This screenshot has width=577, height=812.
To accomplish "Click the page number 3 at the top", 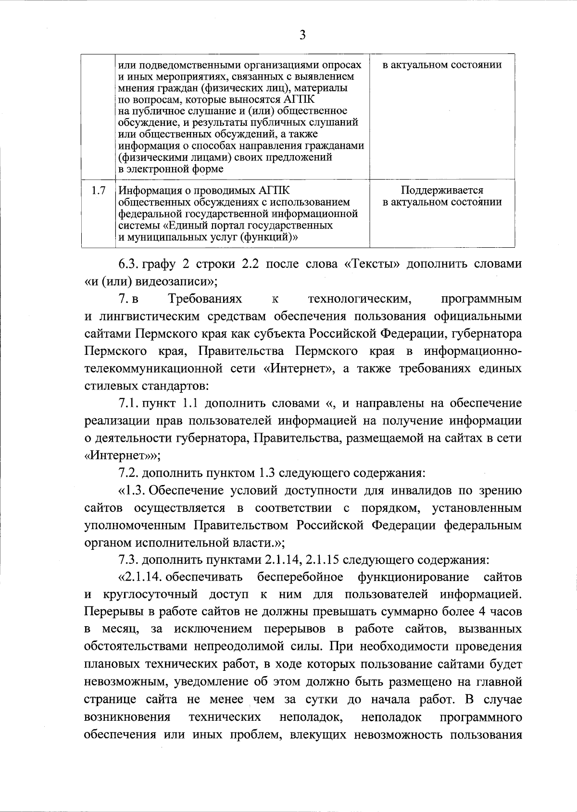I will [x=302, y=35].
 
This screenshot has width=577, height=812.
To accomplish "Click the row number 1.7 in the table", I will [x=99, y=191].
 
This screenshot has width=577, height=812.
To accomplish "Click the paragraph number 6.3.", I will [x=128, y=264].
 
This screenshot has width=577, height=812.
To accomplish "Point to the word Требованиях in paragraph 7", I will [x=205, y=300].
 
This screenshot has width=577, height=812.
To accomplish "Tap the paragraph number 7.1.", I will [x=129, y=403].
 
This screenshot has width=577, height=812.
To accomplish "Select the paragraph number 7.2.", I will [x=129, y=473].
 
